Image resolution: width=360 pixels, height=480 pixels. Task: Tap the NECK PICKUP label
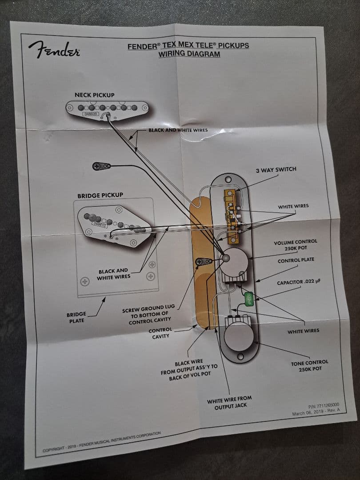(94, 95)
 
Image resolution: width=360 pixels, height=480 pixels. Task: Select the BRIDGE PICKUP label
(100, 195)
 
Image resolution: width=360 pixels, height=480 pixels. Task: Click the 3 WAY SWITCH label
(276, 169)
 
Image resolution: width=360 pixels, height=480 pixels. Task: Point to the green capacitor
(249, 297)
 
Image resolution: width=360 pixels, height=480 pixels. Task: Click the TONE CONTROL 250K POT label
(309, 366)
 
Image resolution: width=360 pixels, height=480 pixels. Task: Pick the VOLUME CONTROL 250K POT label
(296, 245)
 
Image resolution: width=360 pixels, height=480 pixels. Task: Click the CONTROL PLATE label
(296, 260)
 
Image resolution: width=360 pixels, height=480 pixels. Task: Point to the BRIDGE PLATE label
(76, 317)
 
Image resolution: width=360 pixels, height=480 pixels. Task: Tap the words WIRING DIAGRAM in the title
(189, 55)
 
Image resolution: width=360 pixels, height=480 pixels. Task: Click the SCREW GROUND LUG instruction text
(148, 315)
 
